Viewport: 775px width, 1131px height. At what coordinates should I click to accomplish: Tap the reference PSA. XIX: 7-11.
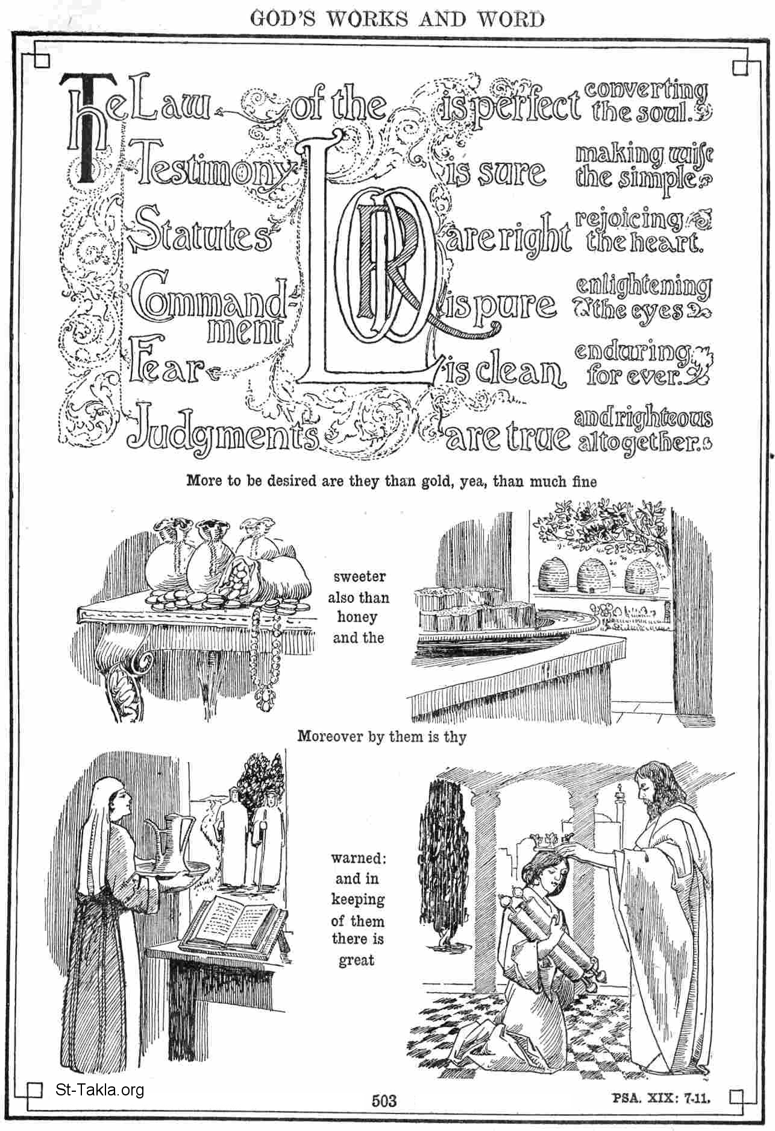coord(662,1098)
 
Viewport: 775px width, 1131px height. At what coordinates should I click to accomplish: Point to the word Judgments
coord(223,429)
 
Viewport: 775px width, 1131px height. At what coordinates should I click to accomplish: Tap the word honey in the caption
coord(357,617)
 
